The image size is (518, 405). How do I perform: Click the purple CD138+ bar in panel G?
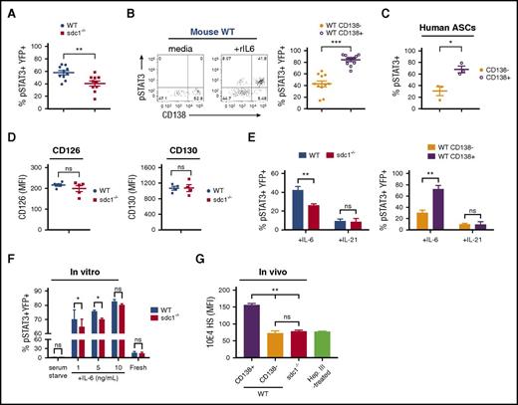coord(329,331)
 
